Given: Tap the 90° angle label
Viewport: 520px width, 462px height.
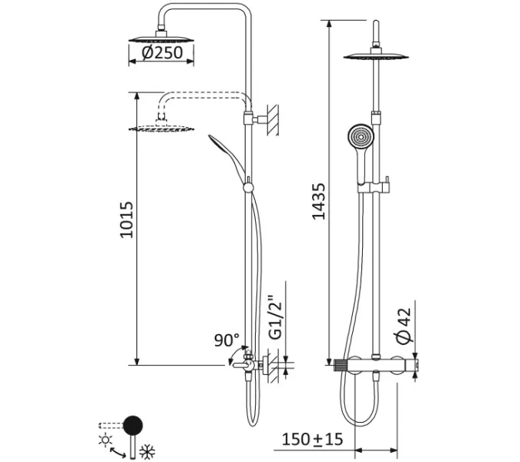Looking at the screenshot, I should click(x=226, y=339).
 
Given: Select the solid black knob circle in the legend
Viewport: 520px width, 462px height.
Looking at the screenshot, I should click(x=134, y=424).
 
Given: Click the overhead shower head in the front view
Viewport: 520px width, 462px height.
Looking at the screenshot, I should click(x=374, y=54).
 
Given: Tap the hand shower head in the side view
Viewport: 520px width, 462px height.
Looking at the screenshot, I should click(x=220, y=146).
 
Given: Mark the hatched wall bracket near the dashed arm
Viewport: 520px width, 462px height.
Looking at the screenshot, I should click(x=271, y=120).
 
